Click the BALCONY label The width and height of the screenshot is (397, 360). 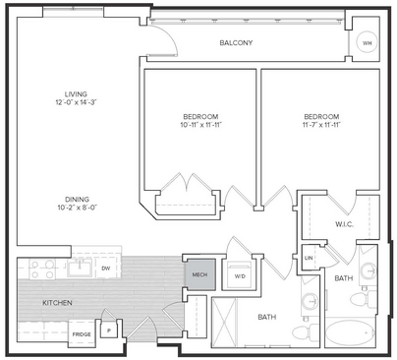point(236,43)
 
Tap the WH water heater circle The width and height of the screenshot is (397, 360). point(367,43)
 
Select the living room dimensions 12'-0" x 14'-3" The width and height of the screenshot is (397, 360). point(77,102)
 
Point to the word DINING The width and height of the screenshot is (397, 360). point(77,199)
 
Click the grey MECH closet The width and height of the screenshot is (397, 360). point(200,274)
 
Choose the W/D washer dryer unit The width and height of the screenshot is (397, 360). point(240,275)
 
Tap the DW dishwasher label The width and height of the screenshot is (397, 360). point(105,269)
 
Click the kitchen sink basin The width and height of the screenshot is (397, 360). point(80,269)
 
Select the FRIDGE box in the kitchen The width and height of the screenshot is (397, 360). point(82,333)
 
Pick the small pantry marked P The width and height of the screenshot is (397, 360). point(108,330)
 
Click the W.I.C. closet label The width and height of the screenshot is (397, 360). point(344,224)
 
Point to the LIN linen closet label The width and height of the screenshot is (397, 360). point(309,258)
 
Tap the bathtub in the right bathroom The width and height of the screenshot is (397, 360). point(351,332)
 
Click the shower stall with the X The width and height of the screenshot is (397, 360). point(224,321)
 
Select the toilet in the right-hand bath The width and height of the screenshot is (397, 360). point(363,298)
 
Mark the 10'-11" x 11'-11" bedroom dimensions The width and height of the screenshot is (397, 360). point(200,125)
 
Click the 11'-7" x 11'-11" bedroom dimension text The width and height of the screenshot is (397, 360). point(321,125)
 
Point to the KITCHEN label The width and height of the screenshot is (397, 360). point(57,303)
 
